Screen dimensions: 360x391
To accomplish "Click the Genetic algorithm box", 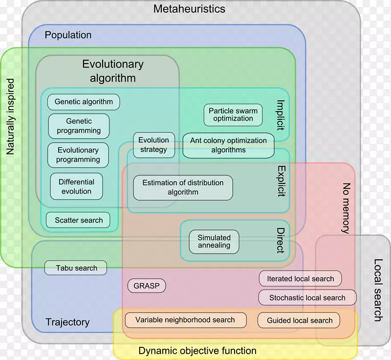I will click(x=84, y=102).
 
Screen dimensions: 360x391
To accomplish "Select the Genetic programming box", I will click(x=79, y=126).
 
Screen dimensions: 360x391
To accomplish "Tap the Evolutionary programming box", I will click(x=78, y=155).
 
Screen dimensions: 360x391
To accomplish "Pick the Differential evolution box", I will click(x=76, y=186).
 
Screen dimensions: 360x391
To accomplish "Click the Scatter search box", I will click(x=78, y=220).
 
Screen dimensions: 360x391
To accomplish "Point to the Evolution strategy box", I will click(x=153, y=145).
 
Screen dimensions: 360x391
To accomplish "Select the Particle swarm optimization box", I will click(x=233, y=114).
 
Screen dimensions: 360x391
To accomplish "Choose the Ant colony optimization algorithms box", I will click(x=228, y=145).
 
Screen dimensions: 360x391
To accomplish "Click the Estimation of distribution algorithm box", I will click(x=183, y=187).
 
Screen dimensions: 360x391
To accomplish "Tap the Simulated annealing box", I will click(x=214, y=242).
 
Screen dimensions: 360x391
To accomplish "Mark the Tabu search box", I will click(x=76, y=268).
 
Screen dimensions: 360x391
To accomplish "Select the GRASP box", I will click(x=146, y=286).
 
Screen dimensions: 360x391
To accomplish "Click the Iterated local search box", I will click(x=300, y=279).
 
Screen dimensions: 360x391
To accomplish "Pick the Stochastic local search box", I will click(x=307, y=297).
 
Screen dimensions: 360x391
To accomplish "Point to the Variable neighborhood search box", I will click(x=185, y=320).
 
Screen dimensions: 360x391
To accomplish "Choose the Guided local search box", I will click(x=299, y=320).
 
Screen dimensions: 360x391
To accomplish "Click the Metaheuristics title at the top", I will click(x=189, y=9).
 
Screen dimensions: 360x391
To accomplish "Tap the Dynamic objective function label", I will click(x=197, y=350).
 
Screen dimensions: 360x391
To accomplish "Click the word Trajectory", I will click(x=67, y=322).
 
